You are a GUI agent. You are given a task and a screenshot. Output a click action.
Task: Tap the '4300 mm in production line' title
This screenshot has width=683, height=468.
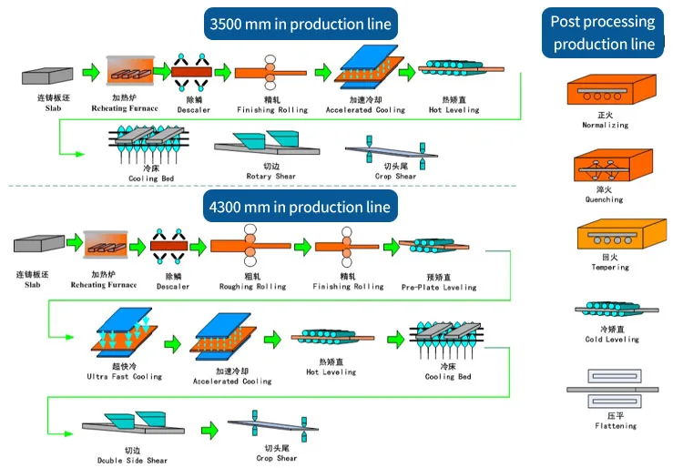coord(300,208)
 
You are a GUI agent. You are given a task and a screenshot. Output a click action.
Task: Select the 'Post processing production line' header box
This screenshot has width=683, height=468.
coord(604,33)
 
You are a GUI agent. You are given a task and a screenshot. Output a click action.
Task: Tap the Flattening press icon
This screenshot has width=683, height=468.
coord(612,389)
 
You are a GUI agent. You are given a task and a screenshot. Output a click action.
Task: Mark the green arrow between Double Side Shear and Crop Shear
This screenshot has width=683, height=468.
coord(209,430)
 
